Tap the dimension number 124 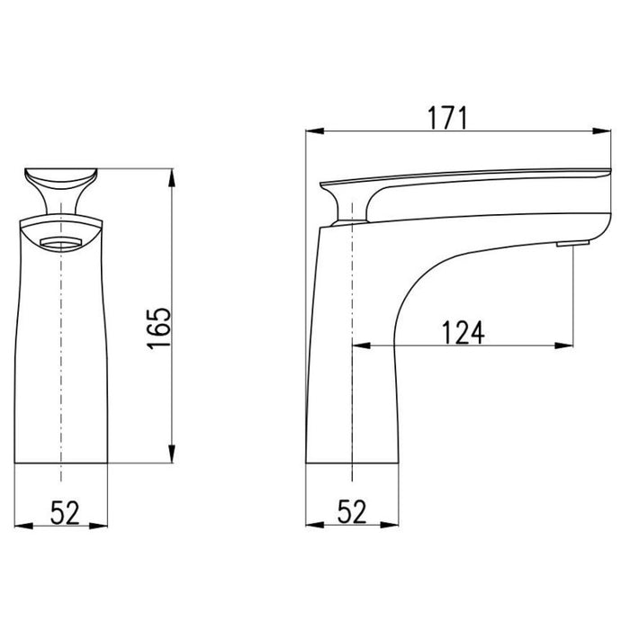[463, 332]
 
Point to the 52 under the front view [62, 512]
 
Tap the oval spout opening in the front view [61, 241]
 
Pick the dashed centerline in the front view [60, 360]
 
